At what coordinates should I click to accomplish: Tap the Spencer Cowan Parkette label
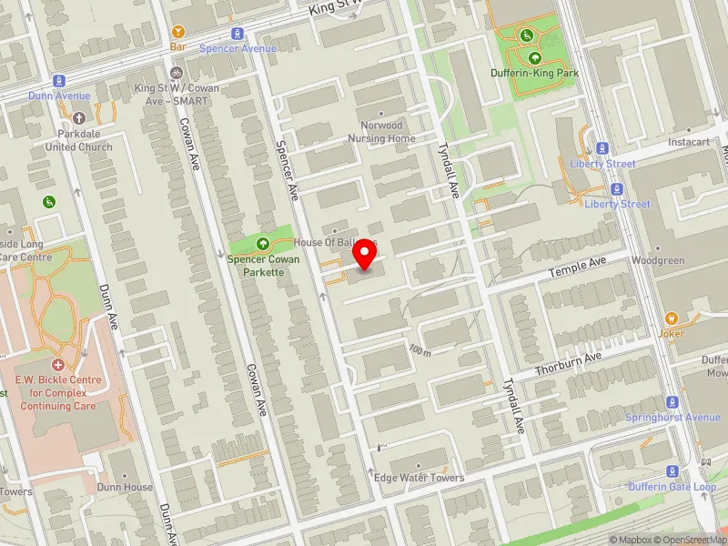point(263,265)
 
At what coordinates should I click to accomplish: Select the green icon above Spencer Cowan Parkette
point(263,243)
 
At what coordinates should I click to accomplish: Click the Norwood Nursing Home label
point(381,132)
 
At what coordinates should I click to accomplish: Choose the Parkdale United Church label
point(79,140)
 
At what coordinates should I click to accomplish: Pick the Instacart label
point(689,143)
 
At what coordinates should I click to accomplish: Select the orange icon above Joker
point(672,318)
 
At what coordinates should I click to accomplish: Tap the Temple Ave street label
point(577,268)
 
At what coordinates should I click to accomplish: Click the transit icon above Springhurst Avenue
point(672,402)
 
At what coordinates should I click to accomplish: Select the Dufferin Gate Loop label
point(672,487)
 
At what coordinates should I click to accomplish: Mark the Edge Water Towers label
point(419,478)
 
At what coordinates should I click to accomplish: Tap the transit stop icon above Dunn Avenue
point(60,81)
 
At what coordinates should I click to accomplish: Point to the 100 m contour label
point(420,350)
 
